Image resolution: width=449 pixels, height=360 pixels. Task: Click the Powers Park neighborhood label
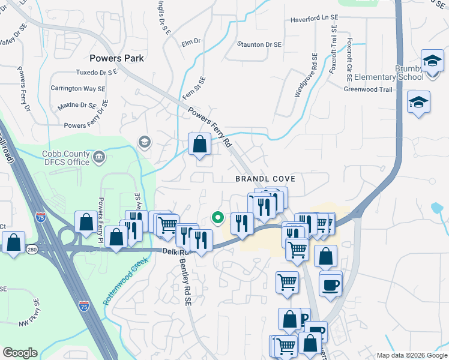116,58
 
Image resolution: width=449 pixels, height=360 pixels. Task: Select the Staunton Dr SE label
259,44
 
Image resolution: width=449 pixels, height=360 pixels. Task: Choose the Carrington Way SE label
78,88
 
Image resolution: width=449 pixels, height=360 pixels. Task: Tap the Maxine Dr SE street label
77,106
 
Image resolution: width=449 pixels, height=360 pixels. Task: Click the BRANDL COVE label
265,179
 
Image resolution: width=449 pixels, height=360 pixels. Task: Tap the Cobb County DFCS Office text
66,158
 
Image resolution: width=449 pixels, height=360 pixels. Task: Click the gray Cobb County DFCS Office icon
100,158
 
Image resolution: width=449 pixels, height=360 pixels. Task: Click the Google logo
20,353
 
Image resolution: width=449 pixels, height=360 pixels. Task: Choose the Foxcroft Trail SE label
334,53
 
